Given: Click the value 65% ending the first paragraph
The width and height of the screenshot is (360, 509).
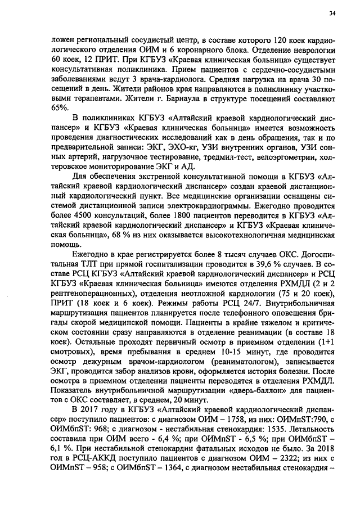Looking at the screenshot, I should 59,107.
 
